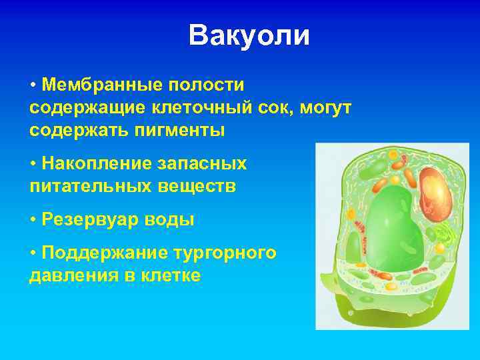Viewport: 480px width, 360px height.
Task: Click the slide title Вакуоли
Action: coord(249,36)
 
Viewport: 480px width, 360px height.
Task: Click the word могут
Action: coord(325,107)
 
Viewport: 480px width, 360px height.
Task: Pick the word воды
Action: coord(173,220)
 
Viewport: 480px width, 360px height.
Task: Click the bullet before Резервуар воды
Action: coord(33,220)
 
